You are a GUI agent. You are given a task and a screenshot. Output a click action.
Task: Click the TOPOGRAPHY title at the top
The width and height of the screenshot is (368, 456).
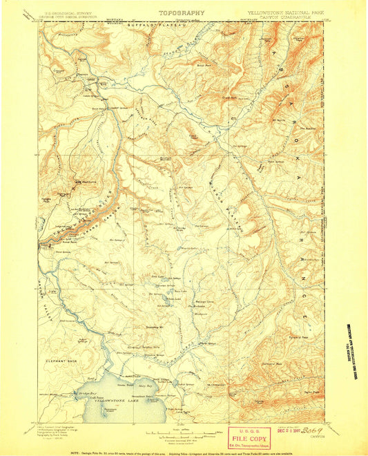pos(182,12)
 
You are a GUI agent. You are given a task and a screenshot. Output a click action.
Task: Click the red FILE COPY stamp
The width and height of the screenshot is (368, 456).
pos(248,437)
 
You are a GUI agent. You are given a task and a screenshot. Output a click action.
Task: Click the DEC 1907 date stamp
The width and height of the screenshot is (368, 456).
pos(283,429)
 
